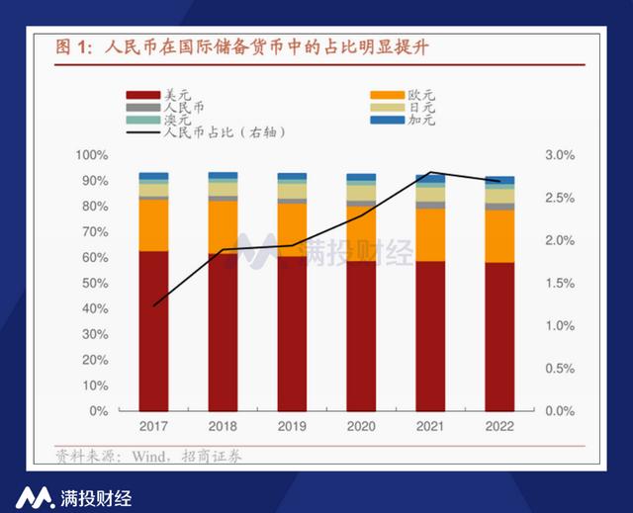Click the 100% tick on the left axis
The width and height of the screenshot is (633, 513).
coord(91,156)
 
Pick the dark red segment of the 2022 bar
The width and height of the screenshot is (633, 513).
coord(499,336)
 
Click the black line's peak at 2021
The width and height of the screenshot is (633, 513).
coord(431,172)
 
